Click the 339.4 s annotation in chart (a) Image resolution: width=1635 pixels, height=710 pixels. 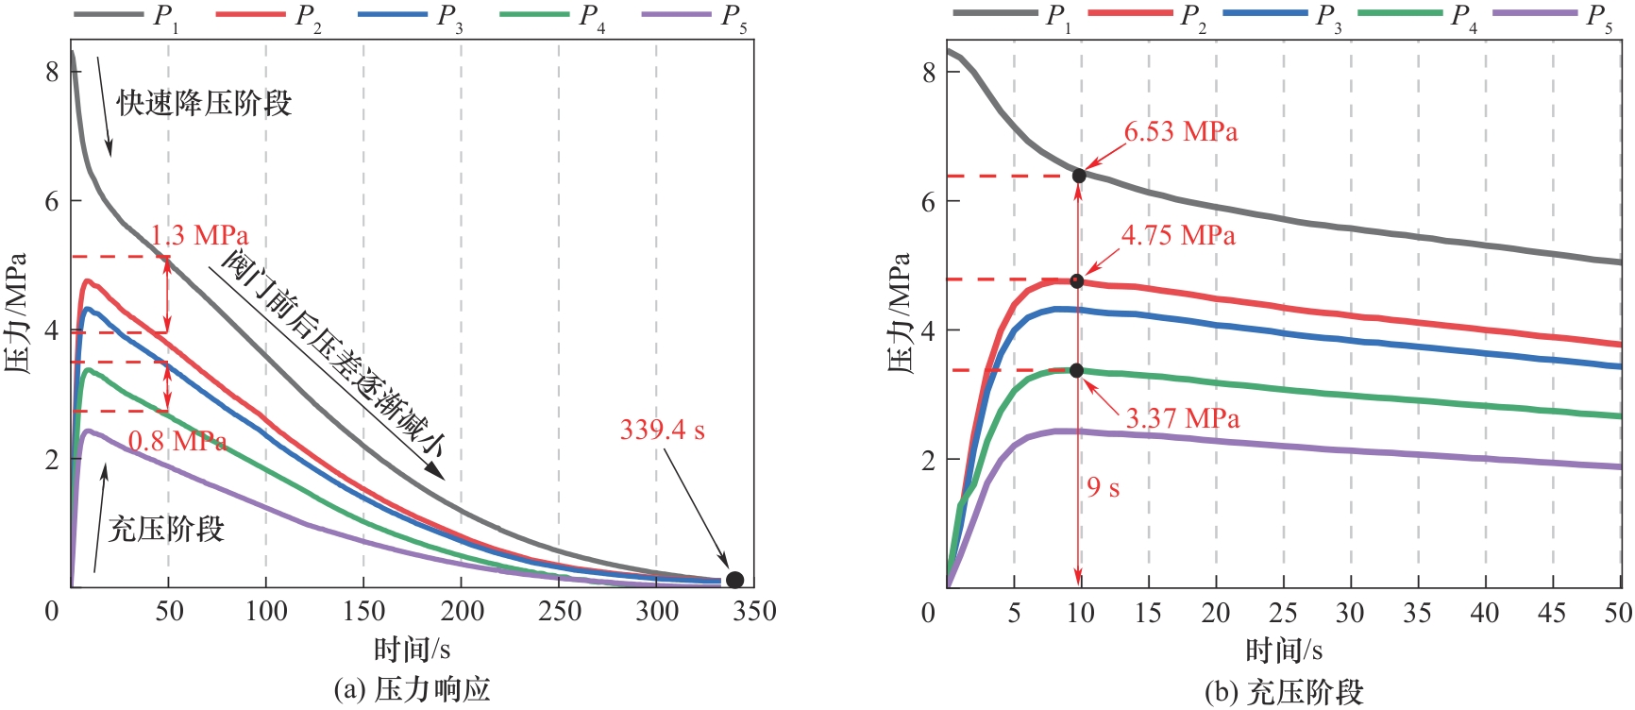point(662,431)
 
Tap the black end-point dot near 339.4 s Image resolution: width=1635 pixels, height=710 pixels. point(734,580)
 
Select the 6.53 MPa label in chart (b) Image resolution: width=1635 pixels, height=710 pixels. point(1180,132)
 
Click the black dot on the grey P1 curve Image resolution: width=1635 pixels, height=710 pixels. point(1079,176)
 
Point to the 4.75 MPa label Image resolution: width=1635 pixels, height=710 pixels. point(1178,235)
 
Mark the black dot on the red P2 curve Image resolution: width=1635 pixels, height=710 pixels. point(1077,281)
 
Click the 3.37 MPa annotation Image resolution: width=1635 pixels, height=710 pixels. point(1183,418)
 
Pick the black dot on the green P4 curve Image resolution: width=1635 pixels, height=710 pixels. point(1077,371)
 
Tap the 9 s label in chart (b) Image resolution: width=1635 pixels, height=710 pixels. point(1103,487)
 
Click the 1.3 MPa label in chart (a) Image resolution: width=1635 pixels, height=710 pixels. point(199,235)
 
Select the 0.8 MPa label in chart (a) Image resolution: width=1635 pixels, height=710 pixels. point(177,441)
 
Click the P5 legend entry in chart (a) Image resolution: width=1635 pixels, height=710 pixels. point(695,16)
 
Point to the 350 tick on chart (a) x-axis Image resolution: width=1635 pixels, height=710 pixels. point(753,612)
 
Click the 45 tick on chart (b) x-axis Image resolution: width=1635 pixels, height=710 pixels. point(1552,614)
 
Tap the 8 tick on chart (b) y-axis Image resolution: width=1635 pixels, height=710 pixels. point(929,73)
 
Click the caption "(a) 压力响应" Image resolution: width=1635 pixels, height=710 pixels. point(413,689)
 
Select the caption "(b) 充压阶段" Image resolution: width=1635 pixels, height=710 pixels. point(1284,692)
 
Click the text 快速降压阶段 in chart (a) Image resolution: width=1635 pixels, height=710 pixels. point(205,103)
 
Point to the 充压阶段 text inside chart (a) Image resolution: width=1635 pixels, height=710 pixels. point(166,529)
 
